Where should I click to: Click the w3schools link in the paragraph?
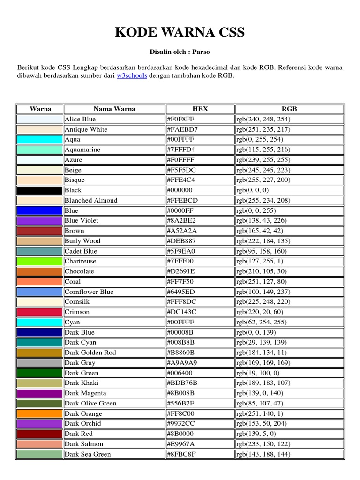click(x=132, y=75)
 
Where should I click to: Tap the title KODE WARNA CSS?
click(x=180, y=32)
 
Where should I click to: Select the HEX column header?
click(x=200, y=109)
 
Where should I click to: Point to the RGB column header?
click(x=289, y=109)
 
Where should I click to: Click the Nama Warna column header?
click(x=114, y=109)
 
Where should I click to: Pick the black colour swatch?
click(x=40, y=190)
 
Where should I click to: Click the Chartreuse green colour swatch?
click(x=40, y=261)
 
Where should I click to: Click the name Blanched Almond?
click(x=91, y=201)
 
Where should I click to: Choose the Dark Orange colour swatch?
click(x=40, y=413)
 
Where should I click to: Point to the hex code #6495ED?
click(x=180, y=292)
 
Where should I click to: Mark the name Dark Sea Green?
click(x=88, y=454)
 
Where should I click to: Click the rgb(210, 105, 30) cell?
click(x=263, y=271)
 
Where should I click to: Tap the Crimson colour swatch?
click(x=40, y=312)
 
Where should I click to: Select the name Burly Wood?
click(x=82, y=241)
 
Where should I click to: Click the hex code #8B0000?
click(x=180, y=434)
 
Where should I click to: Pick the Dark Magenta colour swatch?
click(x=40, y=393)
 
